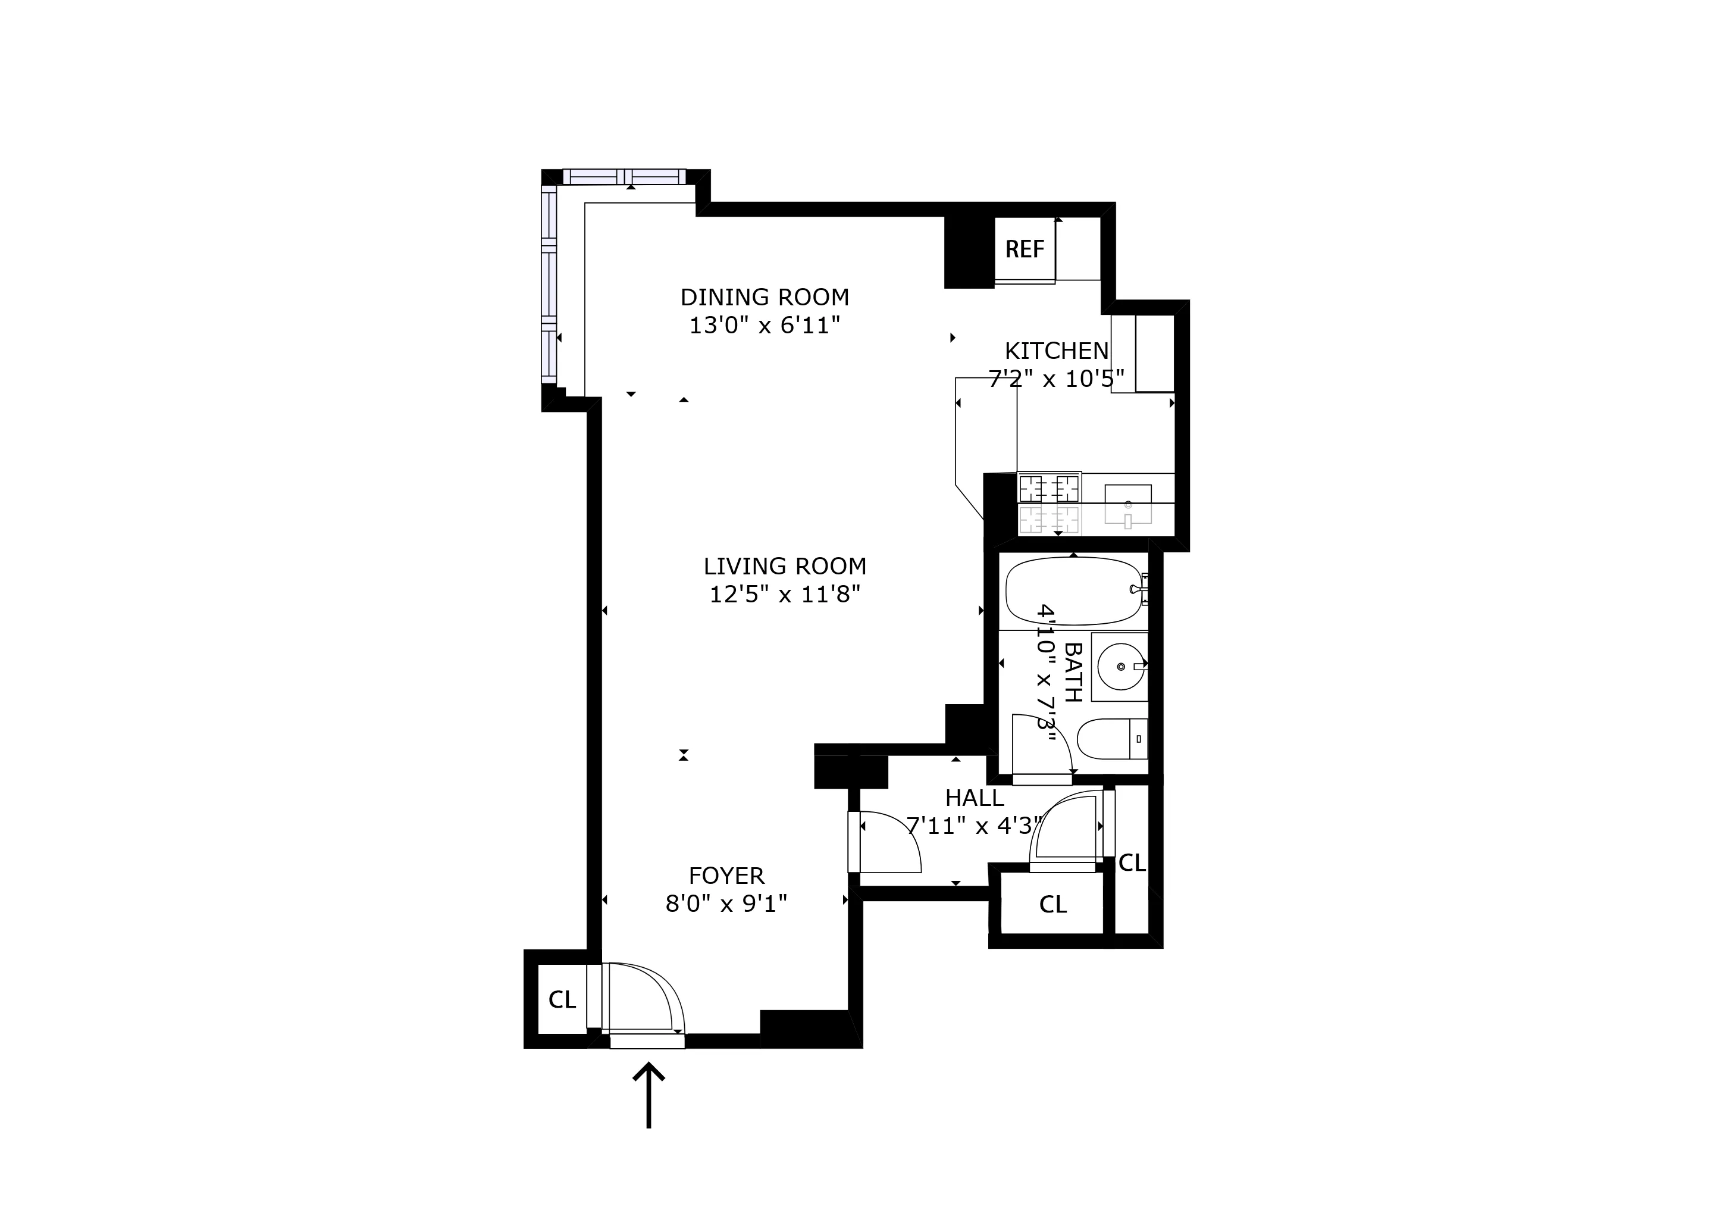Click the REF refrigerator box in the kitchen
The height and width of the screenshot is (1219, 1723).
1025,249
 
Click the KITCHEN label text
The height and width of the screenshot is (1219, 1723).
1056,351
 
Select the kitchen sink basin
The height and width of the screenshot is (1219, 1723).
1127,504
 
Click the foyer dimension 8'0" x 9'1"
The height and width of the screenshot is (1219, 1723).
726,903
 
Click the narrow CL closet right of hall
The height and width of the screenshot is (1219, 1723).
1132,863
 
